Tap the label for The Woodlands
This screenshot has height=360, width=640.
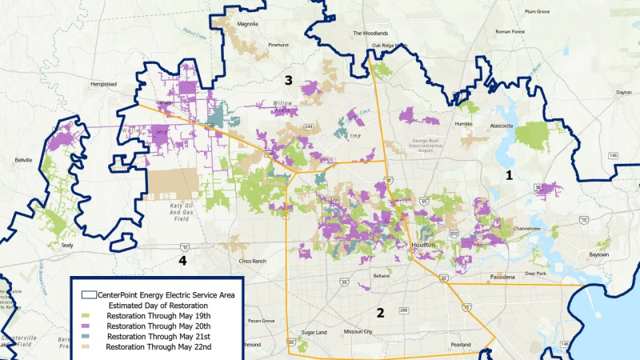coord(370,34)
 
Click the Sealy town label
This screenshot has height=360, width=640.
coord(67,246)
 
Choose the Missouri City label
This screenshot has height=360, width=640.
coord(359,330)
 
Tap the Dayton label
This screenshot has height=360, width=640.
coord(623,92)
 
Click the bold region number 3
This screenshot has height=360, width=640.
coord(288,80)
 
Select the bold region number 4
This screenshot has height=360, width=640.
coord(182,261)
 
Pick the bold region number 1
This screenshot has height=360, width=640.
coord(508,174)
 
